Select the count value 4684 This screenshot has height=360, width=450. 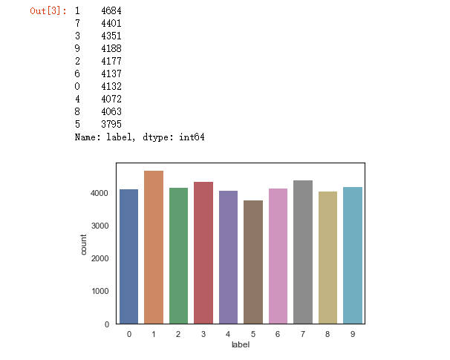tap(111, 11)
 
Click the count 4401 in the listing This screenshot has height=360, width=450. tap(111, 24)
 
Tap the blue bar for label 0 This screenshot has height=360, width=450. tap(128, 256)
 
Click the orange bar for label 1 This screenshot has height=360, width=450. tap(154, 247)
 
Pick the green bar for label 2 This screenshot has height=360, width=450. tap(179, 255)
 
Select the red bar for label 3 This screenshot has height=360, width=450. tap(203, 252)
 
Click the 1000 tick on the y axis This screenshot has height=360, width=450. tap(101, 292)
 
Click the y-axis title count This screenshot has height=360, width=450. tap(84, 244)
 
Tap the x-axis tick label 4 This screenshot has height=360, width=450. tap(229, 335)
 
